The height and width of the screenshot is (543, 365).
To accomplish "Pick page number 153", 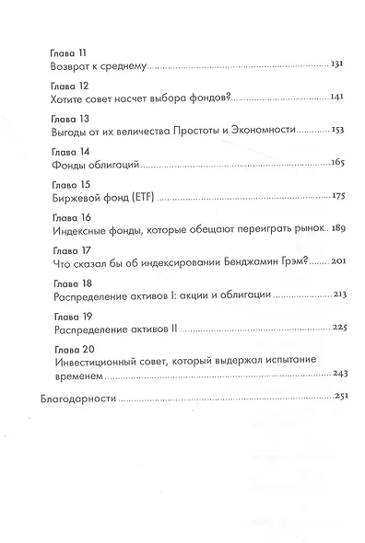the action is tap(336, 131).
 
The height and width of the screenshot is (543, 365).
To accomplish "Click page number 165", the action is tap(336, 164).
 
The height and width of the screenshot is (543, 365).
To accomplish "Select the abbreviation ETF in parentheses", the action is tap(133, 197).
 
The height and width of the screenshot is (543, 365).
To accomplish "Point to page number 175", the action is tap(336, 197).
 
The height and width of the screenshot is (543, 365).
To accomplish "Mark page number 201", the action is tap(336, 264).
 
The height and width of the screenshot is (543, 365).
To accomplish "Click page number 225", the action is tap(336, 330).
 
